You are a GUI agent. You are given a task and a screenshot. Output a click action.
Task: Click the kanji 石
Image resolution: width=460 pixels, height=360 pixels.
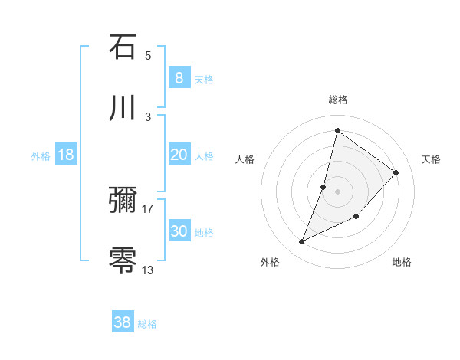pyautogui.click(x=123, y=47)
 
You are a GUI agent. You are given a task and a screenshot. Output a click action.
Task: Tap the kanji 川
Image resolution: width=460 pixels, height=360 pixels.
pyautogui.click(x=123, y=108)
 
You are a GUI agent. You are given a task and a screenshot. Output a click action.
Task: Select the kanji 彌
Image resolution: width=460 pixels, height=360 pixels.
pyautogui.click(x=123, y=200)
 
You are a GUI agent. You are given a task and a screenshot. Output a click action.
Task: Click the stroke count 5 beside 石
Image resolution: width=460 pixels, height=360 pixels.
pyautogui.click(x=148, y=55)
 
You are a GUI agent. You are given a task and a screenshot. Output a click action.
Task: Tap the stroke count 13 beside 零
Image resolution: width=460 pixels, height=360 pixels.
pyautogui.click(x=148, y=270)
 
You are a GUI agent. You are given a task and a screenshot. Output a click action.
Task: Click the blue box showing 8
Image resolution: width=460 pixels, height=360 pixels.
pyautogui.click(x=179, y=78)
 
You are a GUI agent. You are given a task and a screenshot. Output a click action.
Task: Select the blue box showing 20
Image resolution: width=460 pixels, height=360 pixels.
pyautogui.click(x=179, y=155)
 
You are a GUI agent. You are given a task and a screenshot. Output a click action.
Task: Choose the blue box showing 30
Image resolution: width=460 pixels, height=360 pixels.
pyautogui.click(x=179, y=231)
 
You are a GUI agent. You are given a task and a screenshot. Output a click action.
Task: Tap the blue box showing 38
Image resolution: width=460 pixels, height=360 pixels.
pyautogui.click(x=122, y=322)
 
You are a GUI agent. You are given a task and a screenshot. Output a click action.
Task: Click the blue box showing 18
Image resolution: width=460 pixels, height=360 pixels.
pyautogui.click(x=66, y=155)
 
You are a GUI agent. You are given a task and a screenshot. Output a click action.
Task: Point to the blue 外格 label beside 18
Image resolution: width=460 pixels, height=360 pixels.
pyautogui.click(x=41, y=156)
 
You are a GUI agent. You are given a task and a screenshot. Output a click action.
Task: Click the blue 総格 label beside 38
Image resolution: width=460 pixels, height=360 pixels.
pyautogui.click(x=147, y=324)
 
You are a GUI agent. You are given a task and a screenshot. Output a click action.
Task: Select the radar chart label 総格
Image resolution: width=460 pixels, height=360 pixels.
pyautogui.click(x=337, y=100)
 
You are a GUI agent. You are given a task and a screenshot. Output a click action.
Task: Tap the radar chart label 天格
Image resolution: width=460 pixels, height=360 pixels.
pyautogui.click(x=431, y=159)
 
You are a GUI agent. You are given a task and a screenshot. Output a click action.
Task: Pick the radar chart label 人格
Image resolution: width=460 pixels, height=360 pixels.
pyautogui.click(x=245, y=159)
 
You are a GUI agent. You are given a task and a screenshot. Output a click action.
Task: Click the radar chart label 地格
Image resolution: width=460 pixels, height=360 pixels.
pyautogui.click(x=402, y=262)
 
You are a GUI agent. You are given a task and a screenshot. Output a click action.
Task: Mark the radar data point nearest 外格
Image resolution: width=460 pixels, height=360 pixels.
pyautogui.click(x=302, y=242)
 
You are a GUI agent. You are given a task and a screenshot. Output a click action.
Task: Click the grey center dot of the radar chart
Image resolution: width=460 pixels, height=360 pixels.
pyautogui.click(x=337, y=191)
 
